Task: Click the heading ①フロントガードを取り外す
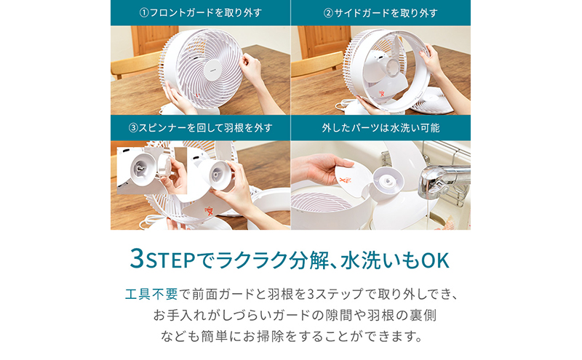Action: (x=201, y=12)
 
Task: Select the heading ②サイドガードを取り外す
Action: (x=380, y=12)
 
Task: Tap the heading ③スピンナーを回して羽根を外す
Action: (x=201, y=128)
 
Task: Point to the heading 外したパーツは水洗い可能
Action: (x=380, y=128)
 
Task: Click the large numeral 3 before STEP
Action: (x=137, y=258)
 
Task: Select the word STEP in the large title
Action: (x=170, y=260)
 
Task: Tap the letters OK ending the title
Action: (x=435, y=260)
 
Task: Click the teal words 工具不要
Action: (x=151, y=294)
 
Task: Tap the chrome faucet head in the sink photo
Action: (x=442, y=181)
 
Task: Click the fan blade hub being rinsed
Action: (x=388, y=182)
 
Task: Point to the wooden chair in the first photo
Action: (x=135, y=65)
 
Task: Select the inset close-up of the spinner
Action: (x=152, y=170)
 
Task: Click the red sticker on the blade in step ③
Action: (x=209, y=211)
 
